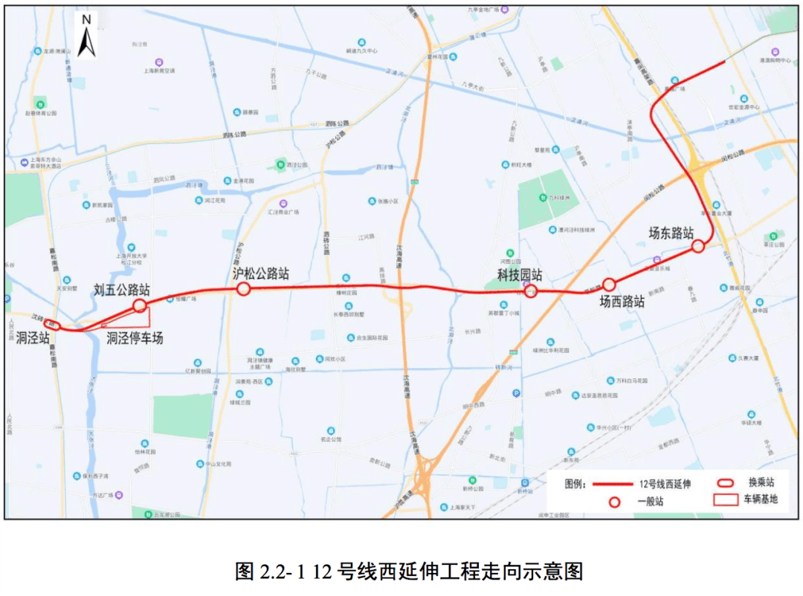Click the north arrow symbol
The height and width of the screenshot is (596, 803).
[86, 37]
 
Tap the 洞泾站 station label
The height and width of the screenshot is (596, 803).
[33, 337]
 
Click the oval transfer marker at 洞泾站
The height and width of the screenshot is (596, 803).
[52, 324]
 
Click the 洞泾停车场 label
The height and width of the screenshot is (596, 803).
[134, 338]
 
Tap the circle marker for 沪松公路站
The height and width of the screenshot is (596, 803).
[242, 289]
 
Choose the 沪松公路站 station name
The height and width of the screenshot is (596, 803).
[260, 273]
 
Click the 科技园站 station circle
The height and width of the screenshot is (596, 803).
[531, 291]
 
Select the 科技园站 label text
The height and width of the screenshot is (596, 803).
[520, 275]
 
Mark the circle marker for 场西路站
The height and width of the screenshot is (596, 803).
[609, 284]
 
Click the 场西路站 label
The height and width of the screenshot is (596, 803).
[622, 302]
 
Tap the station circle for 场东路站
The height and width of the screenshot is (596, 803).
[697, 246]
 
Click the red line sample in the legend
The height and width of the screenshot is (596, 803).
[613, 484]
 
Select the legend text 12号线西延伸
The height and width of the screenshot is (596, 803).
[665, 484]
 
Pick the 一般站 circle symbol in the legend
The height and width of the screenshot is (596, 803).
[614, 502]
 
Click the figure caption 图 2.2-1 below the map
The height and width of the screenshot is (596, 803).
[408, 571]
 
